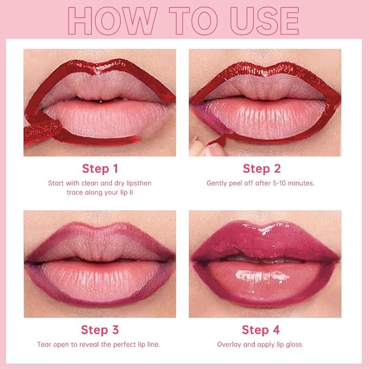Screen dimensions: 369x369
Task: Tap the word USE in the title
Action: pyautogui.click(x=261, y=22)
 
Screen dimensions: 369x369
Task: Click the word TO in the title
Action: pyautogui.click(x=193, y=22)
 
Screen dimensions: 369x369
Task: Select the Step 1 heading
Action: pyautogui.click(x=100, y=168)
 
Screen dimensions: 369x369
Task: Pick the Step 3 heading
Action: pyautogui.click(x=99, y=330)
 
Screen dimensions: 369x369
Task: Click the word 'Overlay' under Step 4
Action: pyautogui.click(x=229, y=345)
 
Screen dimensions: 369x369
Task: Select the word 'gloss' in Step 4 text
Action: pyautogui.click(x=292, y=345)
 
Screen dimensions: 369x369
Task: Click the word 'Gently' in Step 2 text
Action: pyautogui.click(x=217, y=183)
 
